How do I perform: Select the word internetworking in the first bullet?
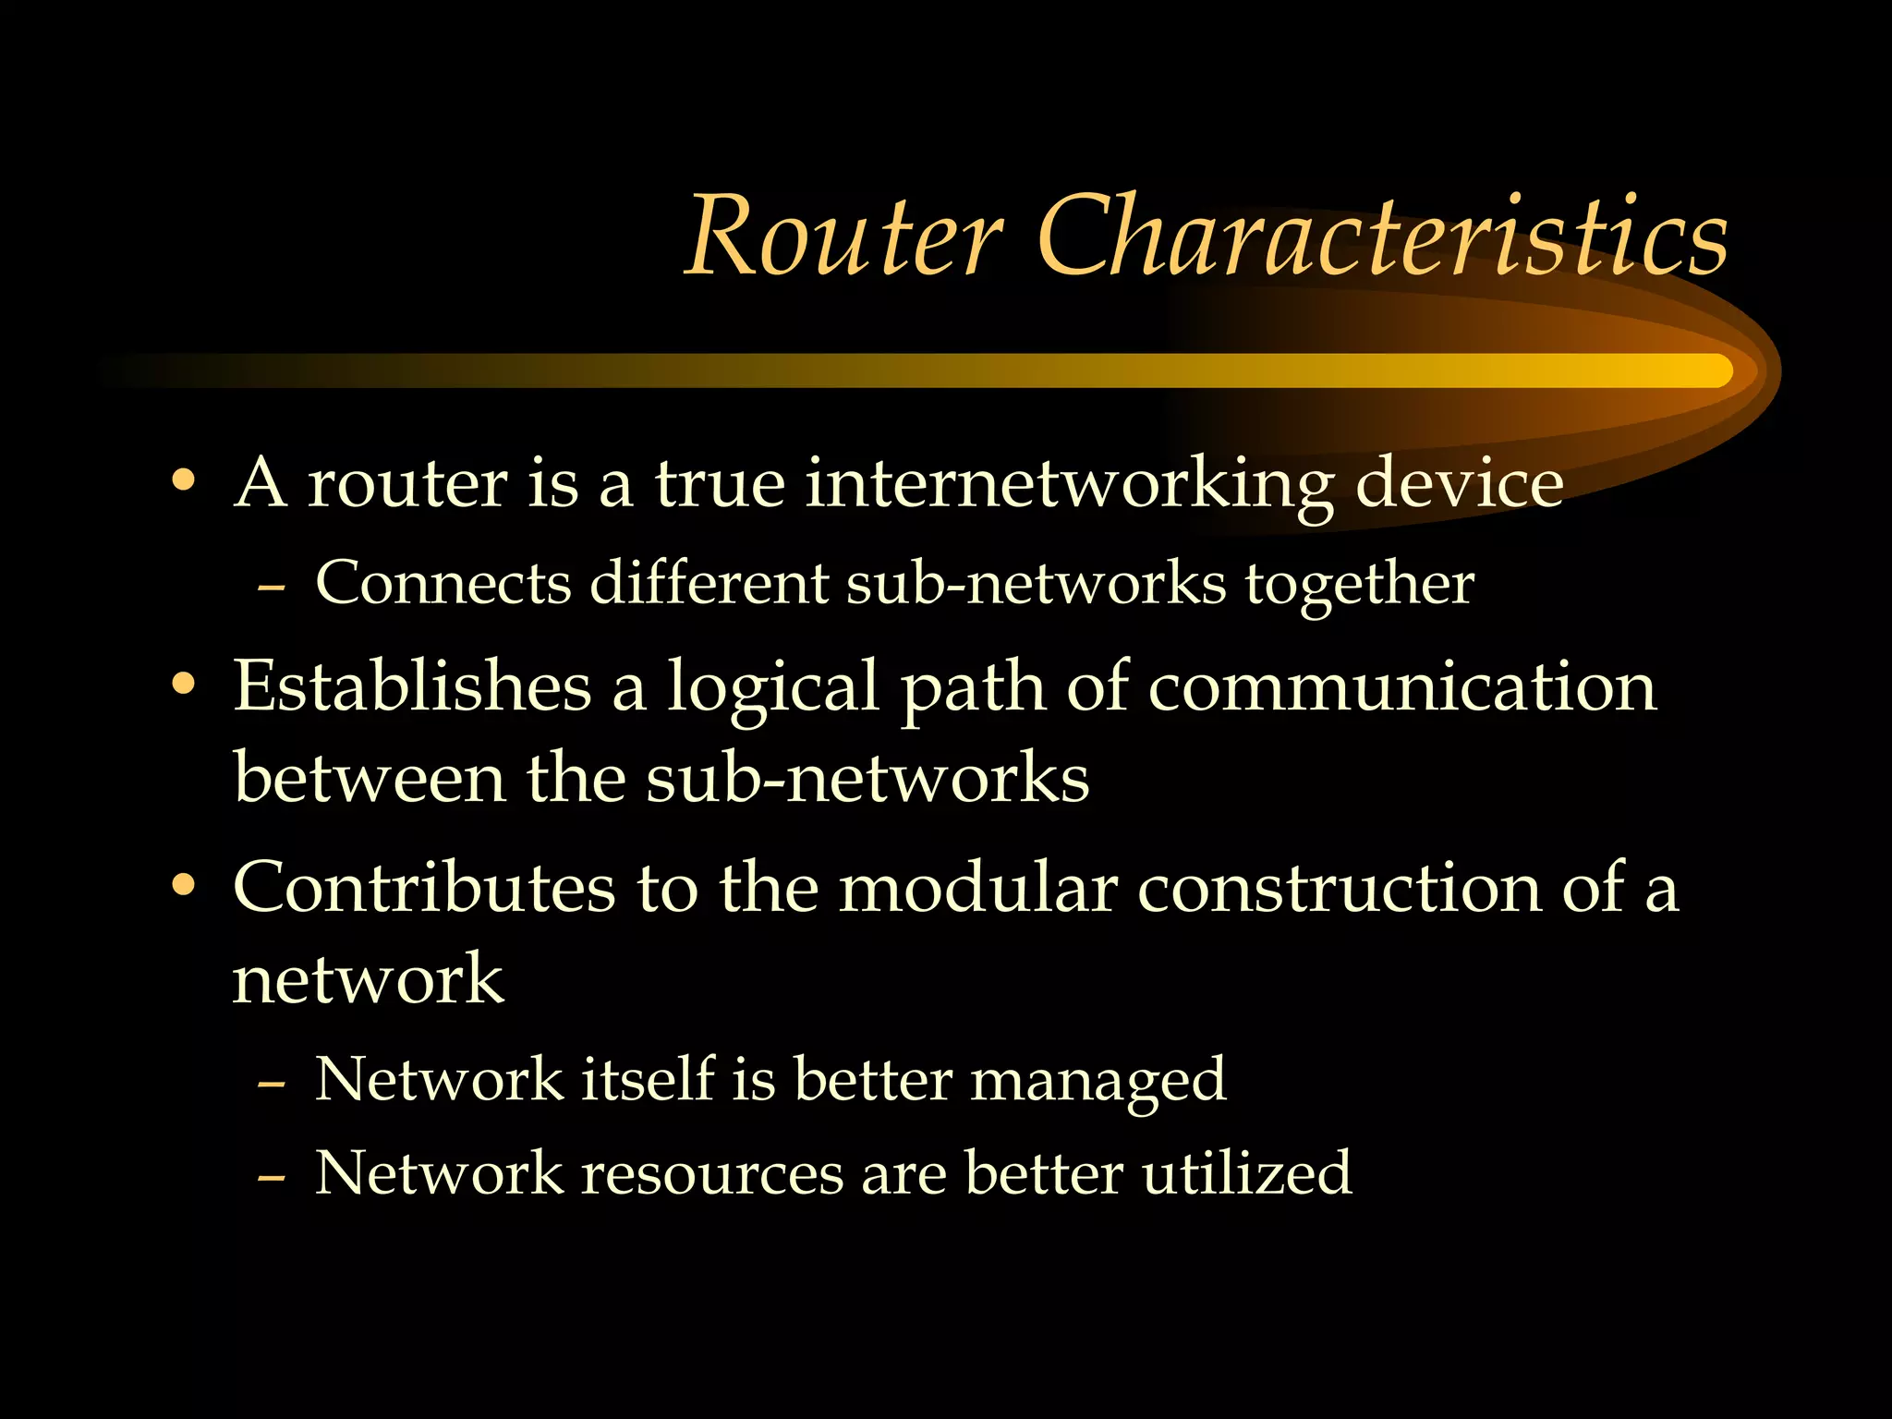coord(1069,484)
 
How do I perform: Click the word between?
coord(370,777)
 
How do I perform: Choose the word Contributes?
coord(424,887)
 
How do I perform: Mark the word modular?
coord(978,887)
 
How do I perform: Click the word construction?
coord(1339,887)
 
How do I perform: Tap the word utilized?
coord(1246,1172)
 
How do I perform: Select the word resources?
coord(712,1173)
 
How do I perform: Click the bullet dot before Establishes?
coord(184,685)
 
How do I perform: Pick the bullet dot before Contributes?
coord(184,885)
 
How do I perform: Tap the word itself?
coord(648,1078)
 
